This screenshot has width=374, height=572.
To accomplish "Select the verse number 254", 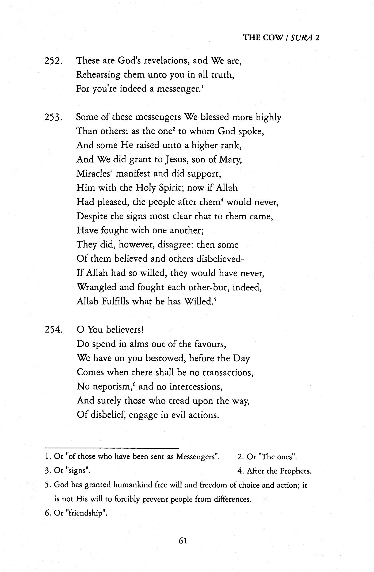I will (54, 330).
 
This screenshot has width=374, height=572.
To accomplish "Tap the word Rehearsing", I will (98, 75).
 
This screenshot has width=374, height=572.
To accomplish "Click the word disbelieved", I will (220, 259).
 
